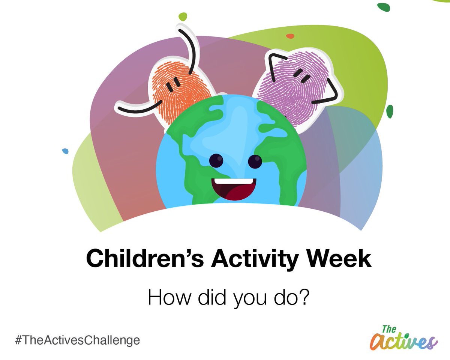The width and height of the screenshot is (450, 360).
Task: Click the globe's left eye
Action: coord(216,161)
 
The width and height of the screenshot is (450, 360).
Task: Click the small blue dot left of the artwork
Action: coord(65,151)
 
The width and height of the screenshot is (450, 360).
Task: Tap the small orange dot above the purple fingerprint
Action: coord(290,36)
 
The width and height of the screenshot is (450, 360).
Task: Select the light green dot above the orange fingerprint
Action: coord(183,17)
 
